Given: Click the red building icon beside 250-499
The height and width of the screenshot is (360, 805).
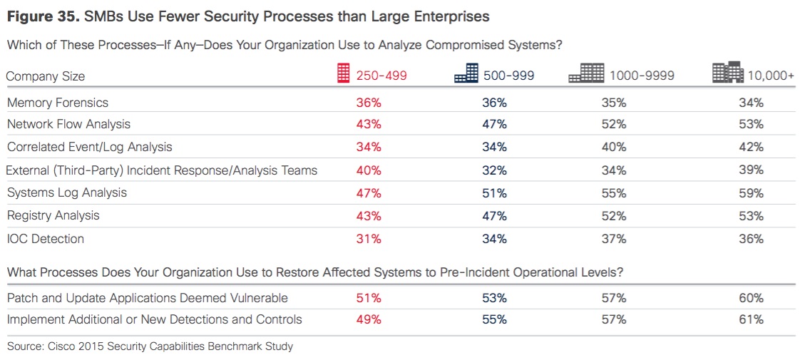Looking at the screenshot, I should coord(344,73).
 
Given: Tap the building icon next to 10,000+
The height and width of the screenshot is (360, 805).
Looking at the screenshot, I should coord(727,73).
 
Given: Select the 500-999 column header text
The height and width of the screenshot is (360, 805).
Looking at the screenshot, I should coord(508,76).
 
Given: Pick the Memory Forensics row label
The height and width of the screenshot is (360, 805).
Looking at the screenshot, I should coord(58,103).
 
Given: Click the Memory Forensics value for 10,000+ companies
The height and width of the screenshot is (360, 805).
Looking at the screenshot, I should coord(751,103).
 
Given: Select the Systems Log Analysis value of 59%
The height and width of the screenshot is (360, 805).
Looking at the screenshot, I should coord(751,192).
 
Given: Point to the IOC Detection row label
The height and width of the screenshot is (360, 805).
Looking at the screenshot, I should coord(46,239).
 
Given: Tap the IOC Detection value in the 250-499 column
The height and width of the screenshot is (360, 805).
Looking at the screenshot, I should coord(369,239).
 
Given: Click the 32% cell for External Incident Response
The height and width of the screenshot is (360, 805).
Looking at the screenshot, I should coord(494,170).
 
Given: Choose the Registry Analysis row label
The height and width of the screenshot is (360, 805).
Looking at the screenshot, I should coord(53,215).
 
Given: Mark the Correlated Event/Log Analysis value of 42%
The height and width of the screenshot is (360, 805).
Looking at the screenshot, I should coord(751,147).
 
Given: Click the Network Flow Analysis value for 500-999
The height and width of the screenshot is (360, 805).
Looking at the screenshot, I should coord(494,124).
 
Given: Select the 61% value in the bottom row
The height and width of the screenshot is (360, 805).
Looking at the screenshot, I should coord(751,319).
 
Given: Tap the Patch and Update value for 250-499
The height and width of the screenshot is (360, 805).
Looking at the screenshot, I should coord(369,297).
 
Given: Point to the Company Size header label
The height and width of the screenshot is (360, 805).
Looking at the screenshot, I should coord(46,76).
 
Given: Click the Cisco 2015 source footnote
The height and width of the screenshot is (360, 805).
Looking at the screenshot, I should coord(150,346).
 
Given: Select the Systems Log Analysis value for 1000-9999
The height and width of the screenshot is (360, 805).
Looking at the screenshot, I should coord(613,192).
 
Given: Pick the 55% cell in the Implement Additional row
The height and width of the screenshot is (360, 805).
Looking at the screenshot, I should coord(494,319).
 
